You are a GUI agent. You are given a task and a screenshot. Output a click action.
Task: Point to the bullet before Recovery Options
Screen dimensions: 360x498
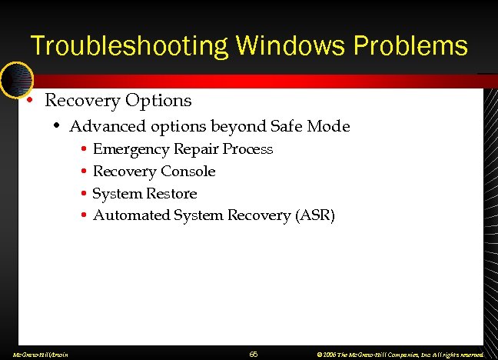click(x=28, y=101)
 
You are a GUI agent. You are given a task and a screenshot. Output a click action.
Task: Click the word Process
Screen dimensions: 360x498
click(x=247, y=149)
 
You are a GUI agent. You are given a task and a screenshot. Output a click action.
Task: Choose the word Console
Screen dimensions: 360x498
click(x=188, y=172)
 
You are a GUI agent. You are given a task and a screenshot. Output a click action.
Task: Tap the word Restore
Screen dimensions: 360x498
click(x=171, y=194)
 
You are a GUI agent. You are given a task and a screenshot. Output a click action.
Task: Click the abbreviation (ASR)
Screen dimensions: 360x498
click(x=315, y=215)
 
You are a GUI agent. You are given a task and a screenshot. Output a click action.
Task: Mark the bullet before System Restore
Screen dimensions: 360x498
click(x=83, y=194)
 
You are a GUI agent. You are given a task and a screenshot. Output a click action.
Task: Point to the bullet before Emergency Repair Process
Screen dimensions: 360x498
click(x=83, y=149)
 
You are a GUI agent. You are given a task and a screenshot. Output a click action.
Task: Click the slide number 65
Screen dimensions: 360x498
click(x=254, y=354)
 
